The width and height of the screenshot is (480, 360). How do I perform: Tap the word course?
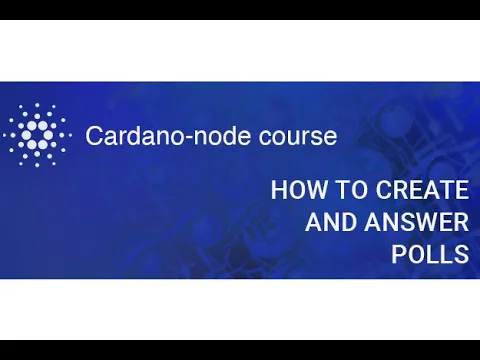pyautogui.click(x=297, y=135)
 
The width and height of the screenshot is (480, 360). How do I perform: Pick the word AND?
pyautogui.click(x=326, y=222)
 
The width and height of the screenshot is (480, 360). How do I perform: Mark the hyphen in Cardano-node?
pyautogui.click(x=204, y=137)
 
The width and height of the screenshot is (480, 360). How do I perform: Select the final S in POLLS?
pyautogui.click(x=461, y=254)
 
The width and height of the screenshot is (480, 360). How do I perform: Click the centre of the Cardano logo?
pyautogui.click(x=38, y=134)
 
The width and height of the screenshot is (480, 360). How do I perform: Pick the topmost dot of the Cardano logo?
pyautogui.click(x=38, y=102)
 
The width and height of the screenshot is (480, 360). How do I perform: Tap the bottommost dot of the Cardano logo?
pyautogui.click(x=38, y=166)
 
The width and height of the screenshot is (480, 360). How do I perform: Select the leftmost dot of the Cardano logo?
pyautogui.click(x=7, y=134)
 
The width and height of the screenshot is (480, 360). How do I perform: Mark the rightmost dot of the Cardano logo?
pyautogui.click(x=69, y=134)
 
